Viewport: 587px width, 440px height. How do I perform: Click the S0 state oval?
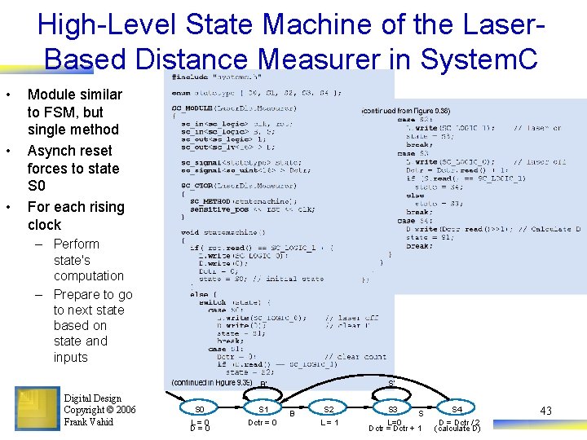coord(199,408)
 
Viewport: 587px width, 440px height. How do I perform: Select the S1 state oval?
coord(263,408)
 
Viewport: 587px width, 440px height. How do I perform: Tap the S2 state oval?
coord(329,408)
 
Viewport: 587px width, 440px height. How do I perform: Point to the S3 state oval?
coord(392,408)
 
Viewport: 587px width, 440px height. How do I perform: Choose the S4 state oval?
coord(457,408)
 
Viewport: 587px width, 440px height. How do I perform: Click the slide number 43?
coord(545,411)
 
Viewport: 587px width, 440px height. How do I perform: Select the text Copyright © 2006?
coord(99,410)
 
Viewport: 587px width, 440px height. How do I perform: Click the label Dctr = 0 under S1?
coord(261,422)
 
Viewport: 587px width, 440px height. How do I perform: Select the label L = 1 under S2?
coord(329,422)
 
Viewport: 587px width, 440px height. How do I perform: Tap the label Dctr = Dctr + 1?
coord(395,429)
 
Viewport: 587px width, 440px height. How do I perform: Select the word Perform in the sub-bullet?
coord(76,244)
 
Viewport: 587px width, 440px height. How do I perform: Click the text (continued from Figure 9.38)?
coord(406,110)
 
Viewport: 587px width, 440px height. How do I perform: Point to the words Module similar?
coord(74,95)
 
